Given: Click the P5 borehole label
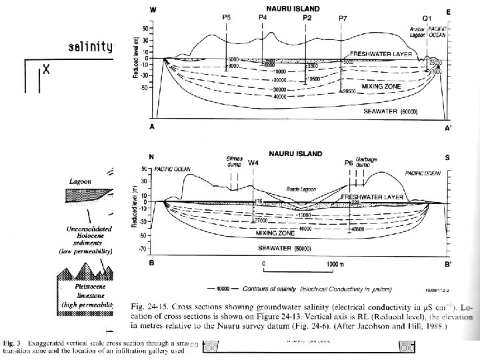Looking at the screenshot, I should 227,17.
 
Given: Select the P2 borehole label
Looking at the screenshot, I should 307,17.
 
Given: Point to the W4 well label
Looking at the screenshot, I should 253,163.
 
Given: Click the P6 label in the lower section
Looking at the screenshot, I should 348,163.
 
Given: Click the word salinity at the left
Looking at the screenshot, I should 91,47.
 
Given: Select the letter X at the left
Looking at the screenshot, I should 46,69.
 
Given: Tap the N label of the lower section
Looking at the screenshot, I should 152,157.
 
